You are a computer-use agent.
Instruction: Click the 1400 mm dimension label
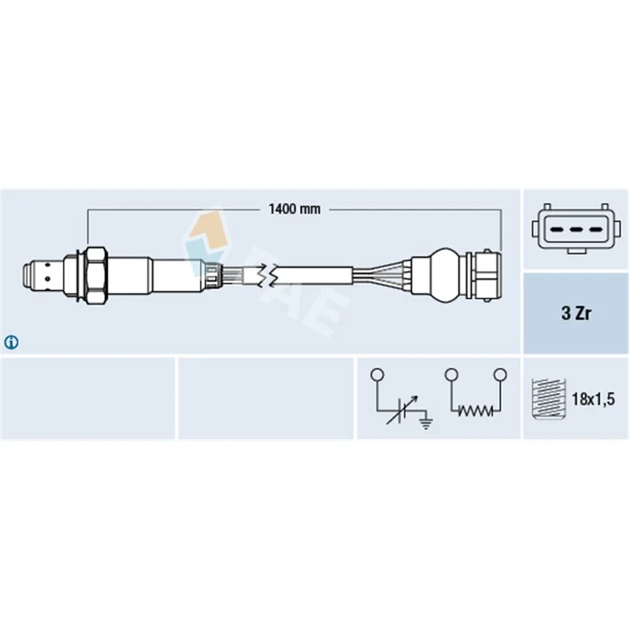pos(294,209)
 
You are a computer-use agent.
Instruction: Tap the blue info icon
pos(11,342)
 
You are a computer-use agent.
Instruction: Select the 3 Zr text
pos(576,313)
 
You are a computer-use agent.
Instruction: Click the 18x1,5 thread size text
pos(593,399)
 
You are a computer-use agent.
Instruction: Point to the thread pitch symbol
pos(548,399)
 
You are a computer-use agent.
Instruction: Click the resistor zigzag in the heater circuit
pos(476,410)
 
